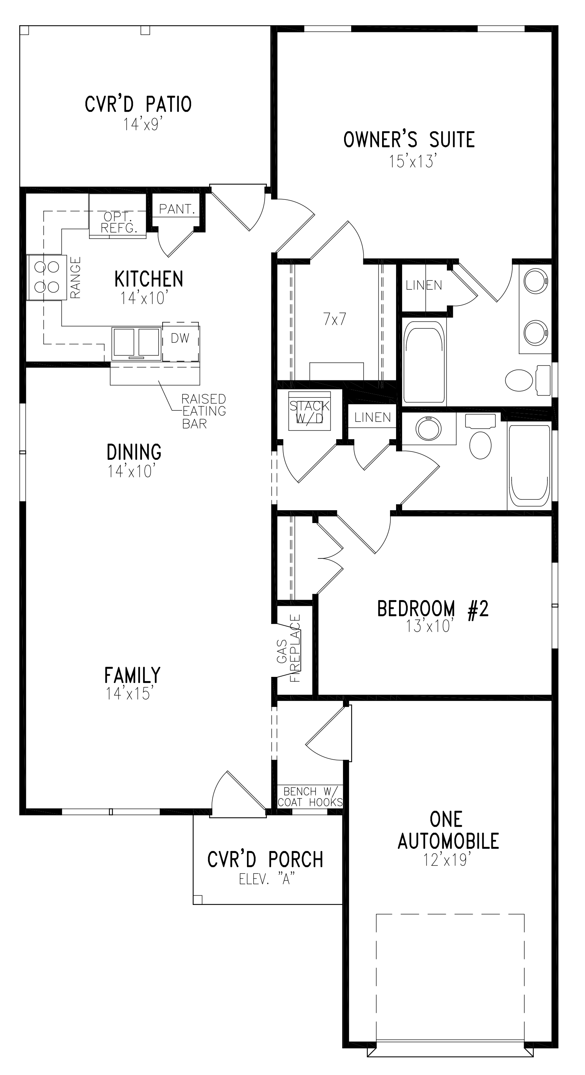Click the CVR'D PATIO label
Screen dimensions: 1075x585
tap(138, 104)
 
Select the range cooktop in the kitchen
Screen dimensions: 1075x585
tap(46, 277)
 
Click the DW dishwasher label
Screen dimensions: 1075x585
tap(180, 338)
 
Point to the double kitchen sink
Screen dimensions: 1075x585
tap(136, 343)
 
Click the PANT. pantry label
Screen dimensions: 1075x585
tap(177, 210)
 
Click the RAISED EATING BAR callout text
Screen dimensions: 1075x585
tap(203, 411)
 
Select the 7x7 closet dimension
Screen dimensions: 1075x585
tap(334, 319)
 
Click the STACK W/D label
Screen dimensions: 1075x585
tap(309, 412)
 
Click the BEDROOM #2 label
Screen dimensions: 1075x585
tap(432, 609)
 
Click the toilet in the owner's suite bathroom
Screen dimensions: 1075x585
tap(519, 380)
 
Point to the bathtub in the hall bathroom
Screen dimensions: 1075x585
tap(529, 466)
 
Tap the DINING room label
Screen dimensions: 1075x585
tap(134, 452)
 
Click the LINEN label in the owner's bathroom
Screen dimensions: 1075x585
tap(424, 286)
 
